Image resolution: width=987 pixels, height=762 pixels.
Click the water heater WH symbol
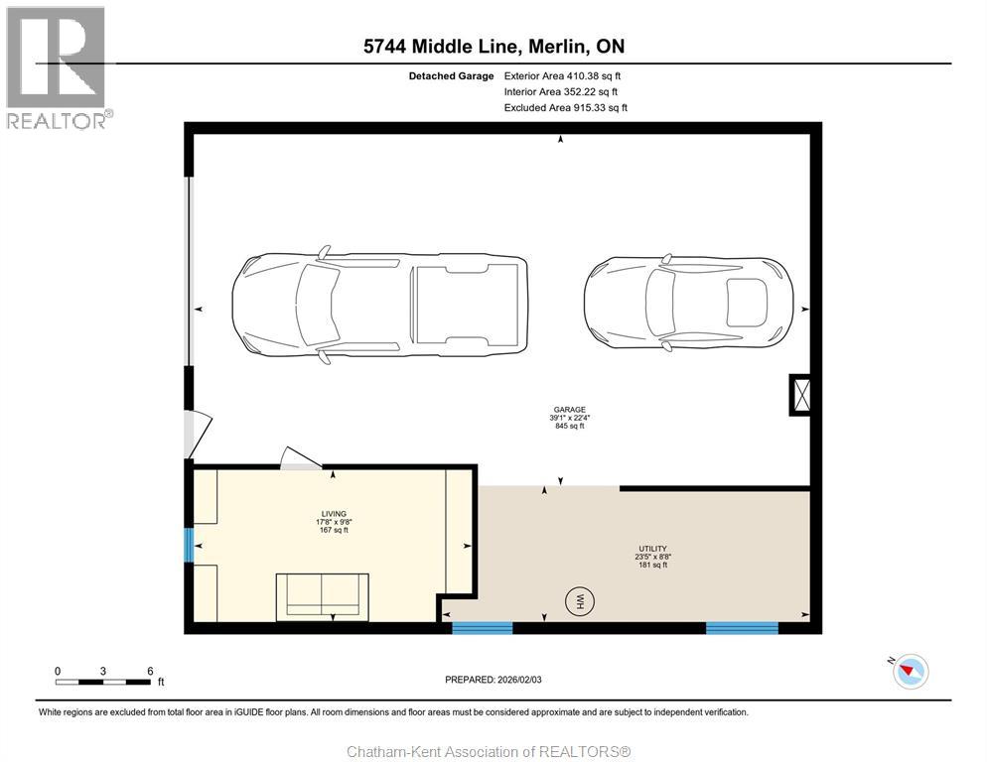[x=580, y=599]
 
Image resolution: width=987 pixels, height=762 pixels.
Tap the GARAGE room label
[x=570, y=410]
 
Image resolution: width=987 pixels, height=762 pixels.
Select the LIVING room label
[x=334, y=514]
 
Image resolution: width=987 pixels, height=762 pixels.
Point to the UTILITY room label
[x=652, y=549]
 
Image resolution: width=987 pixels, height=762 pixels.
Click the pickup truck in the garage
[x=379, y=306]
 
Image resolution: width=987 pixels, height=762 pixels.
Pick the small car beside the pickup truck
[x=688, y=303]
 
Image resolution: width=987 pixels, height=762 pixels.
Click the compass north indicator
[x=910, y=671]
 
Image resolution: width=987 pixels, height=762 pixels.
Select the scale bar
[x=104, y=677]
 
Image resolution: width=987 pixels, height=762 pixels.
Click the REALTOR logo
[x=58, y=67]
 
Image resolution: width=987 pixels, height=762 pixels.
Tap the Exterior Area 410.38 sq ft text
[x=562, y=76]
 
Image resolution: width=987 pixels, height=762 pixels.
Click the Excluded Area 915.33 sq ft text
[x=566, y=107]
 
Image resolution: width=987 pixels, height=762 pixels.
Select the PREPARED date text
[x=493, y=680]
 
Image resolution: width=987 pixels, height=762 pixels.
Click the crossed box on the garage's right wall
[x=801, y=395]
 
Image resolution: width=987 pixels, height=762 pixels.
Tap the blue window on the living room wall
[x=189, y=545]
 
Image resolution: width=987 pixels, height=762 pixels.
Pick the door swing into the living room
[x=301, y=458]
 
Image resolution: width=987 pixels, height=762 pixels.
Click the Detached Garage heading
[x=452, y=76]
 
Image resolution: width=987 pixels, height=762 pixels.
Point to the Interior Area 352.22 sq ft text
[x=561, y=92]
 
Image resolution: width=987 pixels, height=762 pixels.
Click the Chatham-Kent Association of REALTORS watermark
[x=490, y=752]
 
